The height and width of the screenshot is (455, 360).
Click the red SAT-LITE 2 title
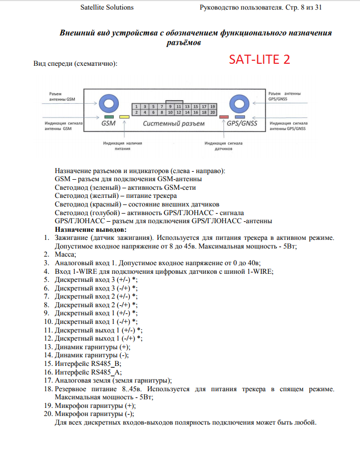tap(259, 59)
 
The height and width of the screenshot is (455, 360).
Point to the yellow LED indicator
tap(124, 117)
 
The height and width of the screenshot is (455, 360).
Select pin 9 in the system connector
tap(170, 107)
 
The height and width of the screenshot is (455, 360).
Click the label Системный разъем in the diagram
tap(173, 123)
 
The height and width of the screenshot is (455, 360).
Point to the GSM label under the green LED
tap(108, 123)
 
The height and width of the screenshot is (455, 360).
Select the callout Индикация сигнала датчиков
tap(223, 146)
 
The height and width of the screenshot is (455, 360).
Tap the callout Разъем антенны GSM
tap(61, 97)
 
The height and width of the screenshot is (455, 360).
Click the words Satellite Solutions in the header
tap(107, 8)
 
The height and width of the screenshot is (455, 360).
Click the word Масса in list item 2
tap(65, 254)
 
